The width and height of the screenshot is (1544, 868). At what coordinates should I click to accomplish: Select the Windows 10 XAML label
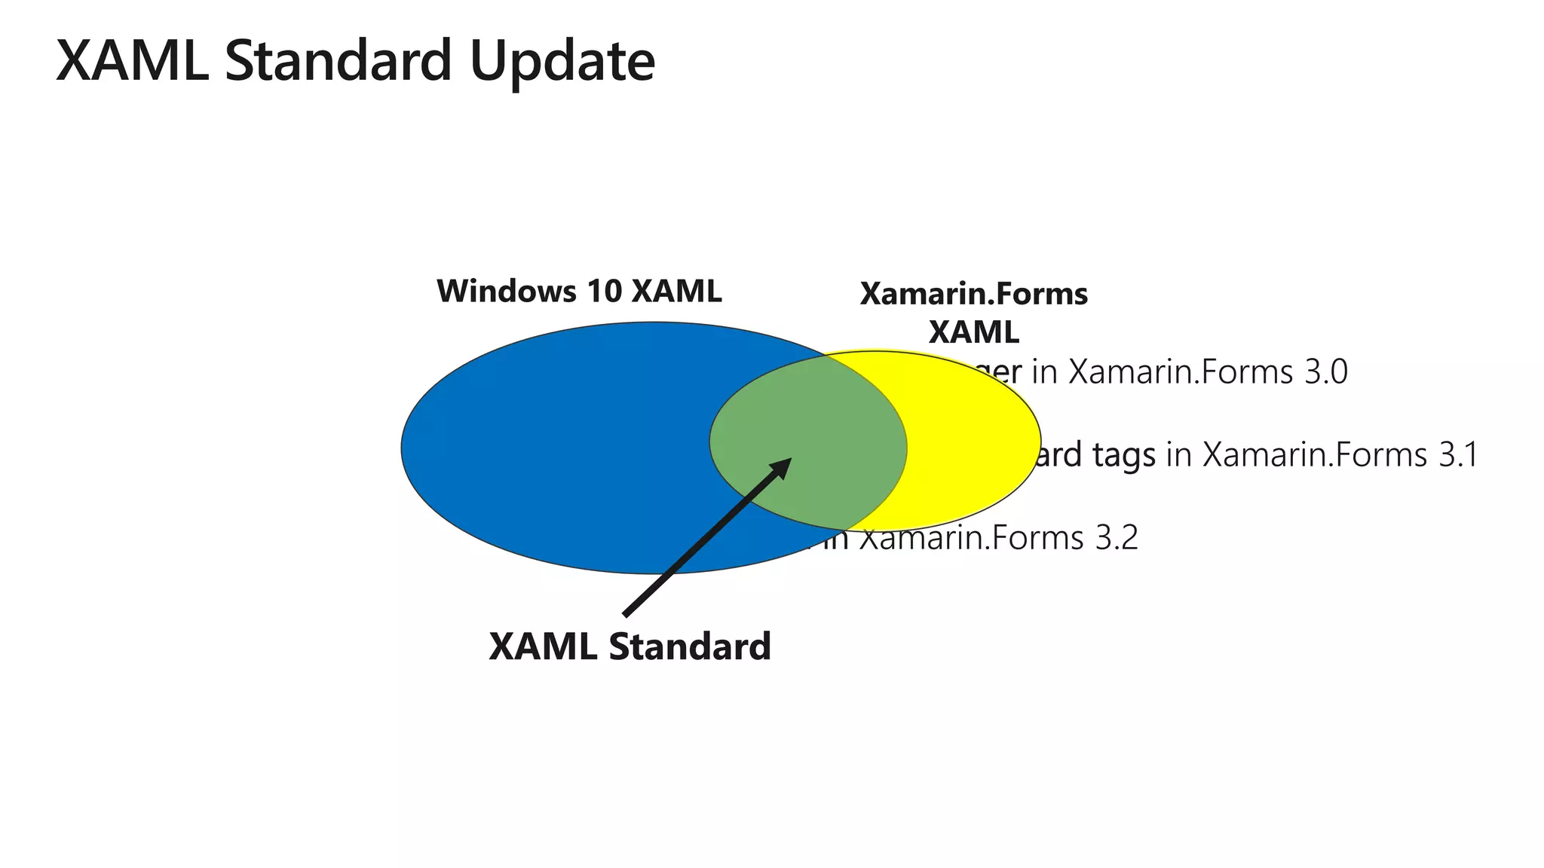click(x=579, y=292)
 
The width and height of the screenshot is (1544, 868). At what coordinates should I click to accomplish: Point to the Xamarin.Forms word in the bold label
click(x=973, y=294)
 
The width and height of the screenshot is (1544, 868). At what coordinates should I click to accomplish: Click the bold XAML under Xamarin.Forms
click(x=973, y=332)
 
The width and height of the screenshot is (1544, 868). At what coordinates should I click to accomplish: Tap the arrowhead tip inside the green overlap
click(x=787, y=461)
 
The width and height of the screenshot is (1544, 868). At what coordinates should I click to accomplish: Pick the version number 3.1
click(x=1457, y=455)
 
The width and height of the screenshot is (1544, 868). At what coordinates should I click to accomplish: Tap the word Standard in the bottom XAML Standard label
click(x=690, y=646)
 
